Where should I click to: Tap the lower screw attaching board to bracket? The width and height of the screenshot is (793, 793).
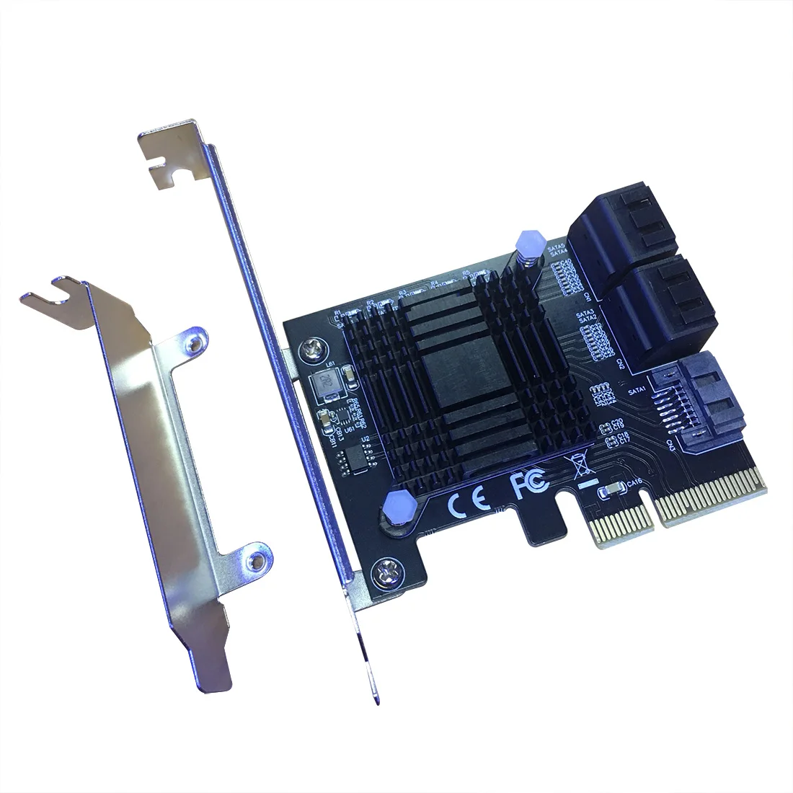click(384, 575)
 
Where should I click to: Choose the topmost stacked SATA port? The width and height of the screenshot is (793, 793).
click(616, 227)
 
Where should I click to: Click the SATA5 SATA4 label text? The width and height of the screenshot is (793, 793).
click(557, 250)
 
